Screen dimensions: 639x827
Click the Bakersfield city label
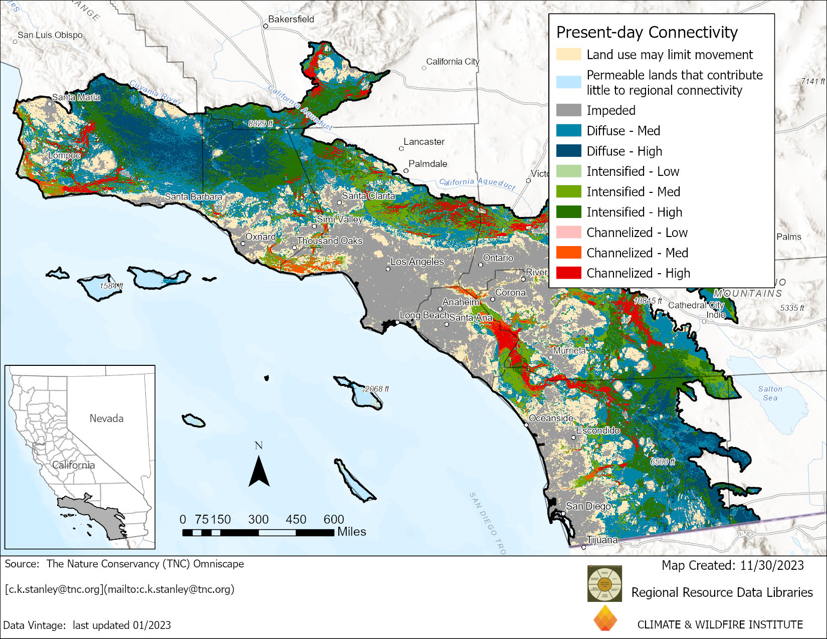(291, 19)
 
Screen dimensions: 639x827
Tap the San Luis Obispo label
(50, 35)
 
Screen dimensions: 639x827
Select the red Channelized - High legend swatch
(568, 273)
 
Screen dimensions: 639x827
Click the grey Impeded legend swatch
(568, 110)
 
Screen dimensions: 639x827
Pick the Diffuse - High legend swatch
(568, 151)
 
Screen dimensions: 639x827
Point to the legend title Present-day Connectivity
(647, 32)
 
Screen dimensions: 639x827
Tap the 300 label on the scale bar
(258, 519)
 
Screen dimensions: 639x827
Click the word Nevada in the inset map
(106, 418)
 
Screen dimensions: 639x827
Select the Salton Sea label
(770, 393)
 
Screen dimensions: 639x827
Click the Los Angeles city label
(417, 262)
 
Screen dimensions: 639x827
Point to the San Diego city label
(588, 506)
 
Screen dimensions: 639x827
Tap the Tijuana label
(602, 540)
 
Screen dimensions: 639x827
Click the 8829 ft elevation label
(261, 123)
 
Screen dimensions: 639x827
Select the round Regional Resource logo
(604, 583)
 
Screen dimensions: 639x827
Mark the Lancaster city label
(424, 142)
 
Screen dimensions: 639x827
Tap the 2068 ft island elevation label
(376, 389)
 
